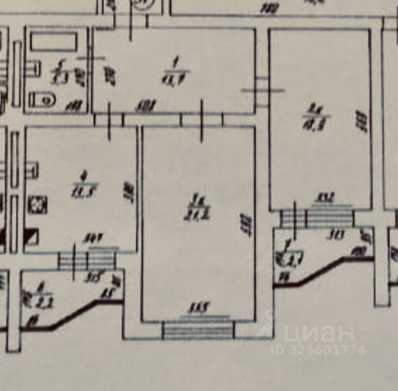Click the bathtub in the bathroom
[x=53, y=42]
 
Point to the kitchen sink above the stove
[x=32, y=169]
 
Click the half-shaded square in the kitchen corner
[x=32, y=236]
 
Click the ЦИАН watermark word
[x=319, y=333]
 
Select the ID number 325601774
[x=318, y=349]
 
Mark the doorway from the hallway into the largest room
[x=201, y=120]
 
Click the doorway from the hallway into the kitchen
[x=109, y=120]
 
